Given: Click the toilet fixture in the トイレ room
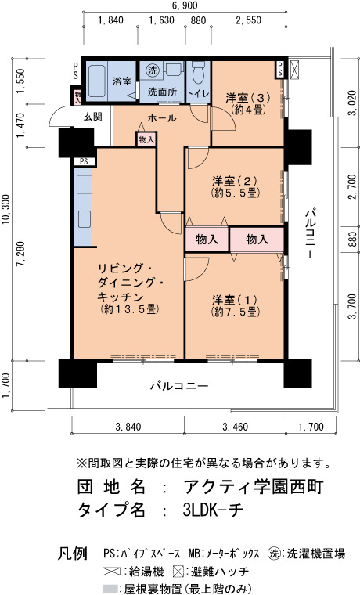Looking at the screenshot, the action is click(x=199, y=74).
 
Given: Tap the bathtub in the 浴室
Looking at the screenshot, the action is click(x=98, y=81).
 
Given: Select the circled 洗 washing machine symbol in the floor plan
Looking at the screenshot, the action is click(x=153, y=70).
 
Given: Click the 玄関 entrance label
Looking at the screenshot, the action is click(x=92, y=116).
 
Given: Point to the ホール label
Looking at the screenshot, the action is click(x=162, y=117).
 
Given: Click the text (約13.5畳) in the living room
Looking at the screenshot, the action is click(x=129, y=309).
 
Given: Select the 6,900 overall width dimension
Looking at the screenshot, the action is click(x=185, y=5).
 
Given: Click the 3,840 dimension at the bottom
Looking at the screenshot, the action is click(x=128, y=427).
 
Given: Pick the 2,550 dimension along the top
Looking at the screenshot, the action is click(x=248, y=20).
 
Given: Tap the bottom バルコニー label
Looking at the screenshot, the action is click(x=179, y=386).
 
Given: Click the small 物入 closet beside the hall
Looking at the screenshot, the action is click(x=146, y=139).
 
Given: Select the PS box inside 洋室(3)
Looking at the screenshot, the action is click(x=280, y=70).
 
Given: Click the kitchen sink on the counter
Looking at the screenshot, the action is click(x=85, y=219).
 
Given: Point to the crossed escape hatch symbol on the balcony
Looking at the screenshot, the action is click(x=294, y=70).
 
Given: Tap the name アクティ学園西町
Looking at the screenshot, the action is click(x=253, y=487).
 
